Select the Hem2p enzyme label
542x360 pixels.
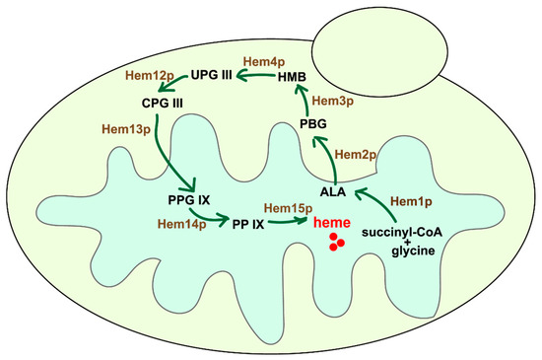click(356, 154)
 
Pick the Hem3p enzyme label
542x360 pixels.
click(330, 101)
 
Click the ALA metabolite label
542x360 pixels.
click(332, 190)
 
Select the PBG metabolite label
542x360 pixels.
click(313, 123)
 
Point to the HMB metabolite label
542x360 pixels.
click(294, 77)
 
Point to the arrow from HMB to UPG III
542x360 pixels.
click(254, 74)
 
